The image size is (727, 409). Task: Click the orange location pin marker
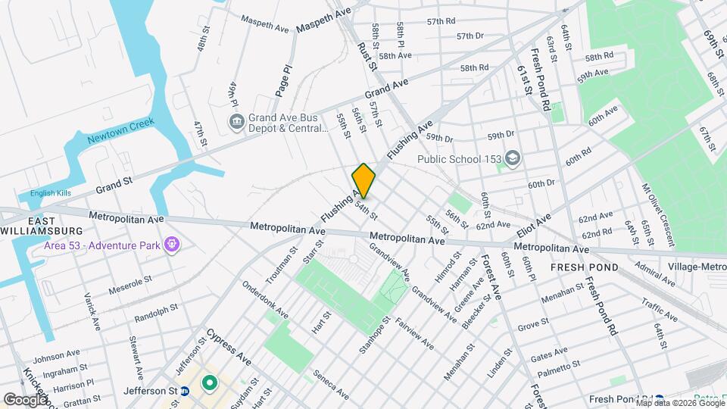click(x=363, y=181)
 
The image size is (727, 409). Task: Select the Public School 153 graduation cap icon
click(x=513, y=158)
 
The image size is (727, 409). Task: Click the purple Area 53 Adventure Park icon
click(x=173, y=244)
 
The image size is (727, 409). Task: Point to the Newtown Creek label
click(x=120, y=130)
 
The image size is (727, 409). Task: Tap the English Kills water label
click(x=50, y=193)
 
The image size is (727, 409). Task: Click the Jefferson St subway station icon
click(x=184, y=391)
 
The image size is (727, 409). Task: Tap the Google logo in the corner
click(x=25, y=399)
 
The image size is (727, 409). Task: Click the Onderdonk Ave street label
click(x=265, y=301)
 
